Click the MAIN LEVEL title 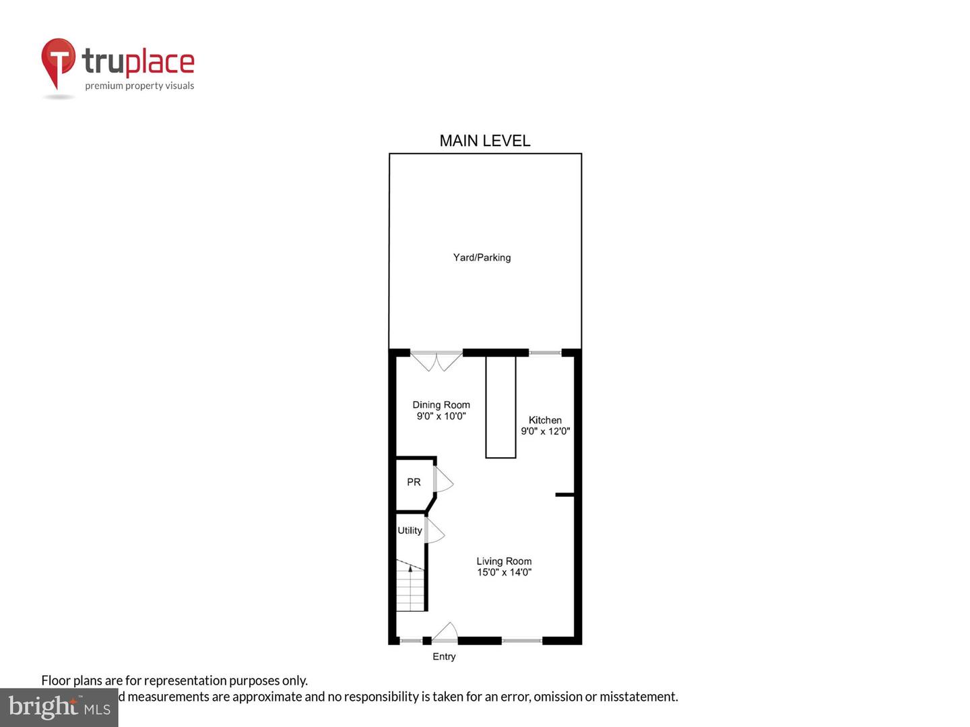click(485, 141)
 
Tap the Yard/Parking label click(482, 257)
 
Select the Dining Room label click(441, 405)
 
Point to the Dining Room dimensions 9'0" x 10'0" click(441, 417)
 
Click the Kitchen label click(545, 420)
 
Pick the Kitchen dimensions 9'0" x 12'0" click(545, 431)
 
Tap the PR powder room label click(414, 482)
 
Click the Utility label click(410, 530)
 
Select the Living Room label click(504, 561)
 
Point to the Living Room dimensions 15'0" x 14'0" click(504, 573)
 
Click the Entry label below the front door click(444, 656)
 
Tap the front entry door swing click(445, 632)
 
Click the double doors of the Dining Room click(437, 361)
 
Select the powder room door click(443, 479)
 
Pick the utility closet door click(434, 530)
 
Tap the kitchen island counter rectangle click(500, 407)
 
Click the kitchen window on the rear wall click(545, 353)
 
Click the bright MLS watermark click(59, 707)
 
